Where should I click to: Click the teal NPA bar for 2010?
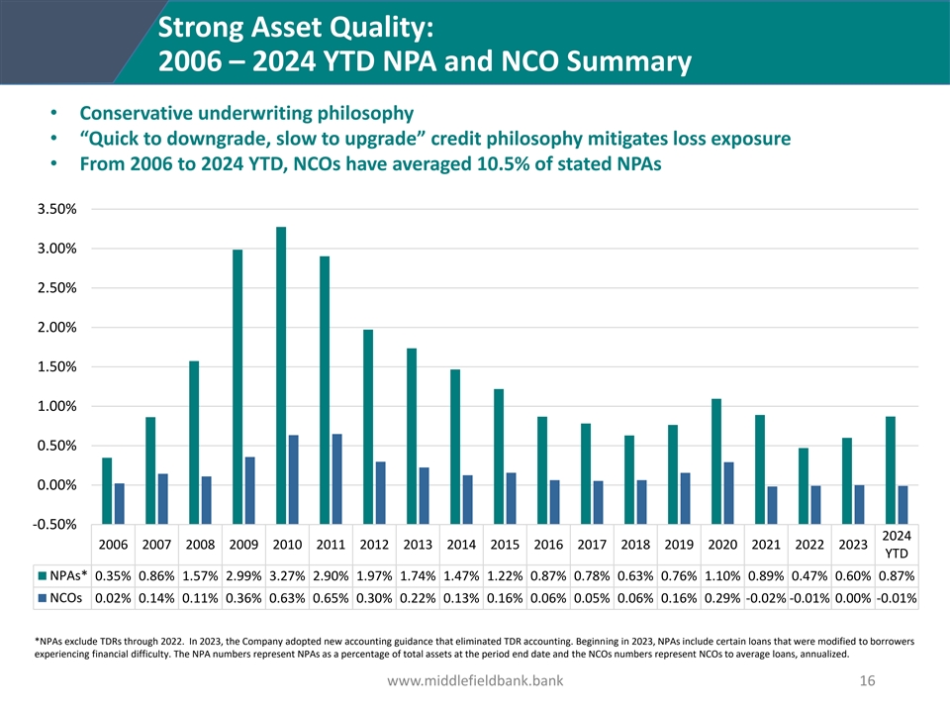pos(281,356)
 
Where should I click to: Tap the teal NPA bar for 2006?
pos(107,471)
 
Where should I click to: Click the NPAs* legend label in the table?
pos(68,575)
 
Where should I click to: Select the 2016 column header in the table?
pos(548,544)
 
